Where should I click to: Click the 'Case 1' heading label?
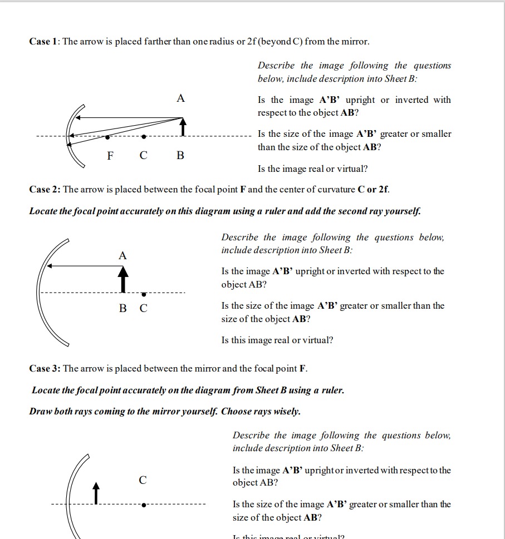point(44,42)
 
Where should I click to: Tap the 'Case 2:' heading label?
point(45,190)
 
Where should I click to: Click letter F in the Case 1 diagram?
point(111,155)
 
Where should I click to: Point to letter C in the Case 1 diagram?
point(144,155)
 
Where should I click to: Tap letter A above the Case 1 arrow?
point(180,98)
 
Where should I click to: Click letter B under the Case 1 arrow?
point(180,155)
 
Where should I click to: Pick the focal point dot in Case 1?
point(107,136)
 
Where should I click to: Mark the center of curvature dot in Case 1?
point(144,136)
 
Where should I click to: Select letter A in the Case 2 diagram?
point(122,256)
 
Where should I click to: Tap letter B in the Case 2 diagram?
point(122,308)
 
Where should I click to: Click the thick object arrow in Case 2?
point(123,279)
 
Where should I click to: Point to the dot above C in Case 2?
point(144,294)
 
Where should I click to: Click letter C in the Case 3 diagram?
point(143,480)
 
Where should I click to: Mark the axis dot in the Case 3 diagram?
point(144,505)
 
